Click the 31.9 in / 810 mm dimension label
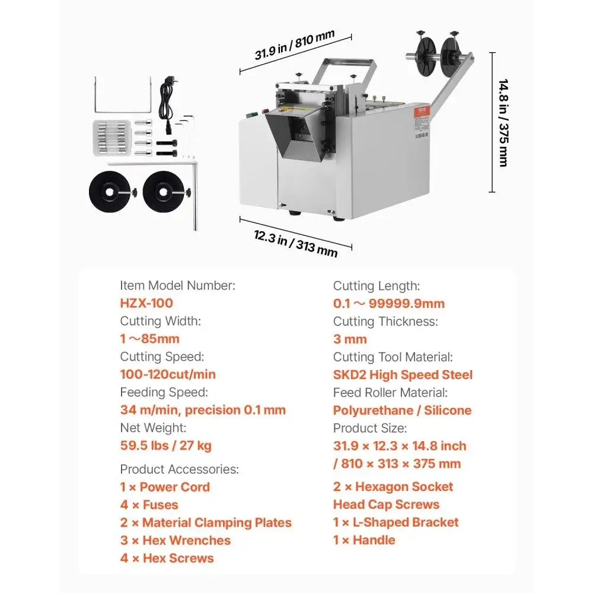295,45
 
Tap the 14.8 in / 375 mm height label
503,123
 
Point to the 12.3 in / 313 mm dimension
295,243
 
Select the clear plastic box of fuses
112,138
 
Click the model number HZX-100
146,303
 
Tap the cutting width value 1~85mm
150,339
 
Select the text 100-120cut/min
168,374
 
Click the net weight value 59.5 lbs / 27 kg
165,445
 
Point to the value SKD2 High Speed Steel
403,375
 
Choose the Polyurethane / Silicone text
403,410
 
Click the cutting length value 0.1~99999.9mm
389,303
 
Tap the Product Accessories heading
179,469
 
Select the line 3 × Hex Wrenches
176,540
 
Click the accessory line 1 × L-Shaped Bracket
396,522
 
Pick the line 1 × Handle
364,540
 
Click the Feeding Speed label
164,393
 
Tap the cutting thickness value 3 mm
350,339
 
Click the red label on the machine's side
422,111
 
